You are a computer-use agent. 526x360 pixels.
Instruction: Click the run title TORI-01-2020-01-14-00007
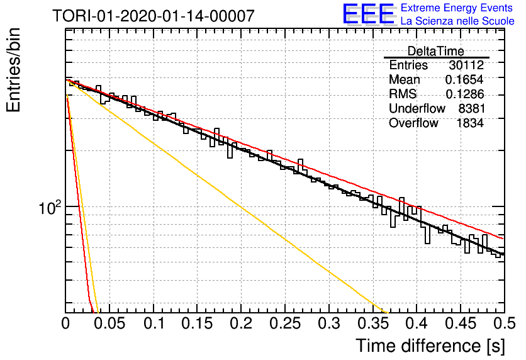(154, 16)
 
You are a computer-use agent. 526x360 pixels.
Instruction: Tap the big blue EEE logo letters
(369, 14)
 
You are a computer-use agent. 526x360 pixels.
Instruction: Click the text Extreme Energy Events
(457, 8)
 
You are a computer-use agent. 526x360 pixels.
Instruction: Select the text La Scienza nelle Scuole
(457, 21)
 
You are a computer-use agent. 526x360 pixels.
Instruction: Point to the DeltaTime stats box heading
(436, 51)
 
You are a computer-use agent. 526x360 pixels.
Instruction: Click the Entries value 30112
(466, 65)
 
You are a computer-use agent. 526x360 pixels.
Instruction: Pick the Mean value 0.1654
(464, 79)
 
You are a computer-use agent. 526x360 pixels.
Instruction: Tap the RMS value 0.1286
(464, 94)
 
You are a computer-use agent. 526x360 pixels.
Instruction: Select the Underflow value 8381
(472, 108)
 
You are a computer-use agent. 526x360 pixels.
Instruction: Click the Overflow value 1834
(470, 123)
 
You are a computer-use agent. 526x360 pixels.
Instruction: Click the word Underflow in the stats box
(417, 108)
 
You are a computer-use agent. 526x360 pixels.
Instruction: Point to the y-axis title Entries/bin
(13, 70)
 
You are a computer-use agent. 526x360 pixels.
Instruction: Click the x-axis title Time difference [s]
(430, 346)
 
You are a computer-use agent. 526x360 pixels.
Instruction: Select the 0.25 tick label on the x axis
(285, 323)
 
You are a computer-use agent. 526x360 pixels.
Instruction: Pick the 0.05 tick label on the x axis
(109, 323)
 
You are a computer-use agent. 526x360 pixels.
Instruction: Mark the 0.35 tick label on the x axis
(373, 323)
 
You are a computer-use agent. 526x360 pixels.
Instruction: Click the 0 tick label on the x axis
(65, 323)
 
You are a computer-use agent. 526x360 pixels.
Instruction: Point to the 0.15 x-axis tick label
(197, 323)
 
